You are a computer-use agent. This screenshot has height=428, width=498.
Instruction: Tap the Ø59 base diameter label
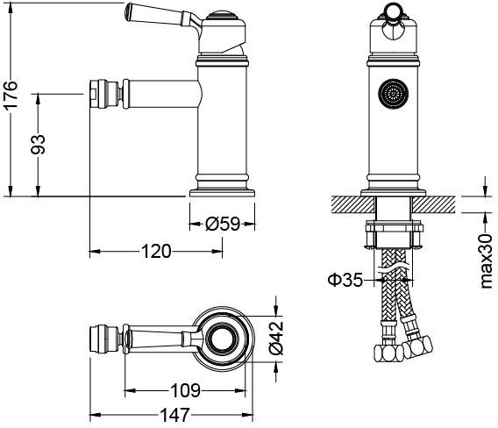pos(223,224)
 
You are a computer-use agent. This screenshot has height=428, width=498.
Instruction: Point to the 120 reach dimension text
pos(155,252)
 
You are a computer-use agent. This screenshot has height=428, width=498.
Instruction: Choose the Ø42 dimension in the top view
pos(274,337)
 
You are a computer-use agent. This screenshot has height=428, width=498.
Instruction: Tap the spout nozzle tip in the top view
pos(103,337)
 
